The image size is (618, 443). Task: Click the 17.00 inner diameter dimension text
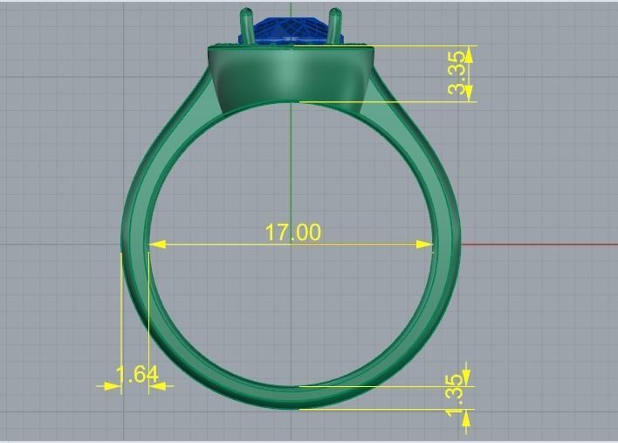292,232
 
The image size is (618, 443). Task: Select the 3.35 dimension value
457,74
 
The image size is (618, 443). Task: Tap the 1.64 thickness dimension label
137,375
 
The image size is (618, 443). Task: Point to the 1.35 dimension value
455,395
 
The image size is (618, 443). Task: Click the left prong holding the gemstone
246,26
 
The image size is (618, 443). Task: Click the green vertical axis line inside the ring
292,175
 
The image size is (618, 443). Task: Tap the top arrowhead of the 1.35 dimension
466,377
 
